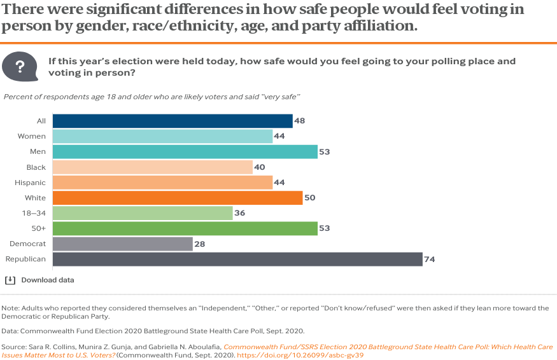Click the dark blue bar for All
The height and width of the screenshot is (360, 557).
[172, 121]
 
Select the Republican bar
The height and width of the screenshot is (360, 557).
[237, 260]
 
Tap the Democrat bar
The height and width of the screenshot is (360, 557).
[122, 244]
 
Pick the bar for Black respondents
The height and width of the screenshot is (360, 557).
[152, 167]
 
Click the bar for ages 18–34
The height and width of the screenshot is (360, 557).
[142, 213]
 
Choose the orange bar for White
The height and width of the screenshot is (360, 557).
[177, 198]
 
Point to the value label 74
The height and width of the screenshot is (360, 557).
[430, 260]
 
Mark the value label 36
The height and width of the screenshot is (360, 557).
[240, 213]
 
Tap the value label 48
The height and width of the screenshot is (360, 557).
[300, 121]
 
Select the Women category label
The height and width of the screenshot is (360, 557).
[31, 136]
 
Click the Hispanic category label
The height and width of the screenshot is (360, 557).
[31, 183]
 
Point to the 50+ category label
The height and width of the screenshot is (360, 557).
[39, 228]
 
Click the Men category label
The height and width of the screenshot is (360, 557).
[38, 151]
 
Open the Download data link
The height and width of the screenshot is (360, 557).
[48, 280]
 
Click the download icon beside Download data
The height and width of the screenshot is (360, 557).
[10, 280]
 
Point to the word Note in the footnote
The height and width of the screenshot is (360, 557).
[10, 308]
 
